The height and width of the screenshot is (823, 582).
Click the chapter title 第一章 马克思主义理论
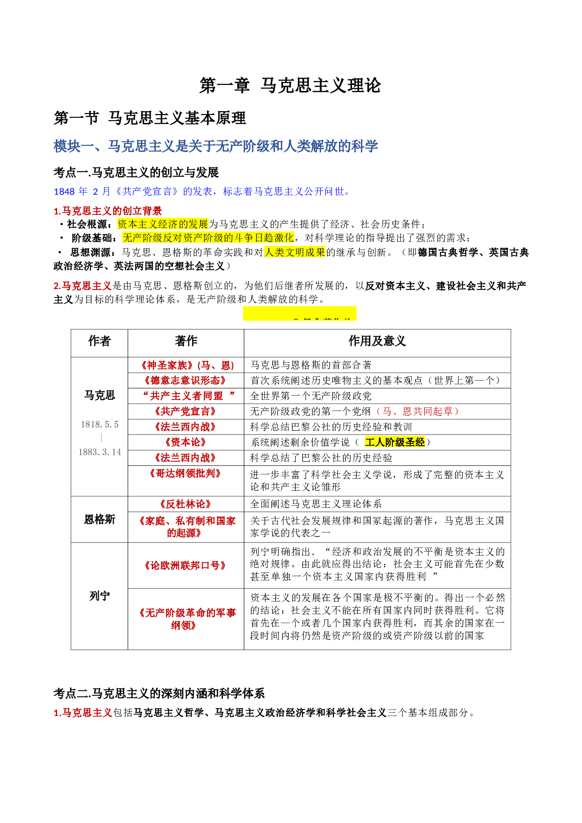click(290, 86)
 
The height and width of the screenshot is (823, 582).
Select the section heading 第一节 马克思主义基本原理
click(150, 118)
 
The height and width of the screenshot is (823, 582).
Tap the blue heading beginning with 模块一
click(215, 146)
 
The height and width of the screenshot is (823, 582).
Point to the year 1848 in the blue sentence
click(64, 191)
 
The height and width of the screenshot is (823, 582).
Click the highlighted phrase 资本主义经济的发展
click(162, 224)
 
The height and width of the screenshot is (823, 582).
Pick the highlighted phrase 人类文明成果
click(295, 252)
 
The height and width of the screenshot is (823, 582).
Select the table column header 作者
click(99, 341)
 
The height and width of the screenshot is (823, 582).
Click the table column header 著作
click(186, 341)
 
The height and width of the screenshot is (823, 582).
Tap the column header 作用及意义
click(377, 341)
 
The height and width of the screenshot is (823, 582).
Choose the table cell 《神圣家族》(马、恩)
click(186, 365)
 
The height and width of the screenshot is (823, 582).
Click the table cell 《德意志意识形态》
click(186, 381)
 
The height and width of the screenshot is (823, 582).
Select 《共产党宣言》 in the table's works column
click(186, 411)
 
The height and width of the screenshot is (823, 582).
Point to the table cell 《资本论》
click(186, 442)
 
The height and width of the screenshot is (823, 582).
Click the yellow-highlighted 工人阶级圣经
click(395, 442)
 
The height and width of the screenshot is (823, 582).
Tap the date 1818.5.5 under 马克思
click(100, 425)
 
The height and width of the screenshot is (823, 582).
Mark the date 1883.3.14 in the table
click(100, 452)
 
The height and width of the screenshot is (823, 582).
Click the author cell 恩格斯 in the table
click(99, 519)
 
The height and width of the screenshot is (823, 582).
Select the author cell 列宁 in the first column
click(99, 596)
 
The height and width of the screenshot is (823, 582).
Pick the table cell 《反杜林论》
click(186, 504)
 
